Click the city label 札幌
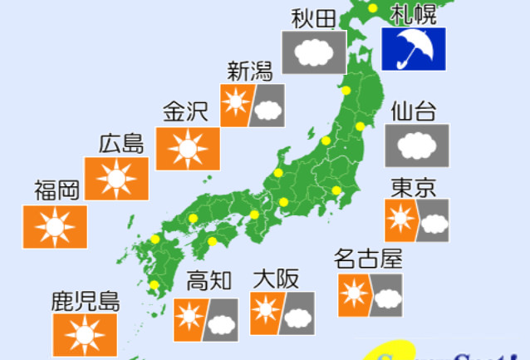[413, 13]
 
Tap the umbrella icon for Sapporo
[413, 49]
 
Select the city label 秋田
[313, 17]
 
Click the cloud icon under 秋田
[313, 52]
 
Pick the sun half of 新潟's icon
[236, 105]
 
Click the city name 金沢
[185, 111]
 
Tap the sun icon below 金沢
[188, 149]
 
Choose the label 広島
[121, 143]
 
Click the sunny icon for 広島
[116, 178]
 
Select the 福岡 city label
[56, 190]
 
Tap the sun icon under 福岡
[55, 226]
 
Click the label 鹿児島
[86, 301]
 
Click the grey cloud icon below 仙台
[417, 145]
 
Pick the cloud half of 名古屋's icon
[386, 295]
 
